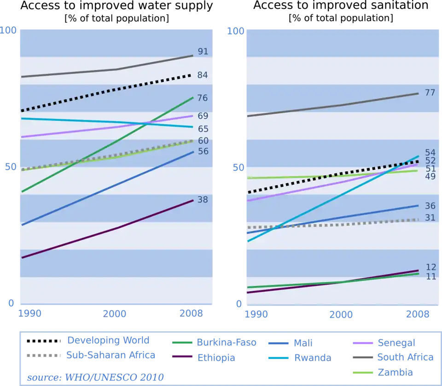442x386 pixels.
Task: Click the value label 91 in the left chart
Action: click(x=203, y=52)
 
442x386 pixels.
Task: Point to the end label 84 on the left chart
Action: click(x=203, y=75)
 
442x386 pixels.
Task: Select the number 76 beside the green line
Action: click(x=203, y=98)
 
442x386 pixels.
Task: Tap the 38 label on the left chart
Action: click(x=203, y=200)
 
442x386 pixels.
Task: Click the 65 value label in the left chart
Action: click(x=203, y=129)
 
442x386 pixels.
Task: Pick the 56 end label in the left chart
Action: click(x=203, y=151)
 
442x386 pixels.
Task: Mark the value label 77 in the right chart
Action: click(x=430, y=93)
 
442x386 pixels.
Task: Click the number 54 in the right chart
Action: click(x=430, y=152)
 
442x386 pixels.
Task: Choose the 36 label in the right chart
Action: click(x=430, y=206)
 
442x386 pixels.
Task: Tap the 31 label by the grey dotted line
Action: click(x=430, y=218)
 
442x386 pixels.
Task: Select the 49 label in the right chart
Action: click(x=430, y=176)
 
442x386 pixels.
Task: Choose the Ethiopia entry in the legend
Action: click(x=216, y=357)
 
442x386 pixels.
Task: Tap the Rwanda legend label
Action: click(x=313, y=357)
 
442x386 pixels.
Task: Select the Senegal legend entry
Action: click(x=396, y=342)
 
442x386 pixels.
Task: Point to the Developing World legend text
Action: click(x=108, y=341)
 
